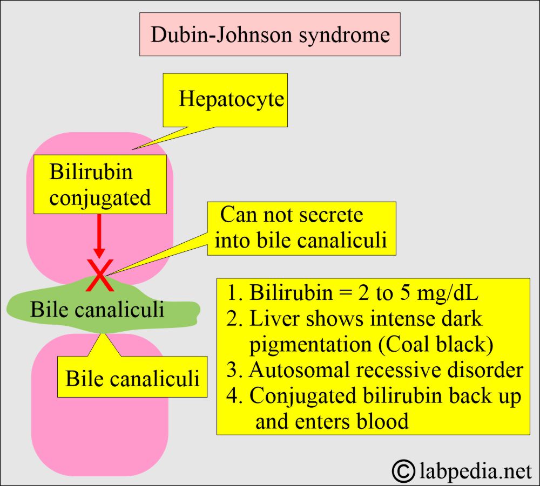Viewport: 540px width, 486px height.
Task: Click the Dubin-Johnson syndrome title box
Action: point(269,35)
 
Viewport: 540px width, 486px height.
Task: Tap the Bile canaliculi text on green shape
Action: point(97,310)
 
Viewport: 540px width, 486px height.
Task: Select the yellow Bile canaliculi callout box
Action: point(132,378)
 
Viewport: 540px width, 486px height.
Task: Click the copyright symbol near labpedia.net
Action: point(402,470)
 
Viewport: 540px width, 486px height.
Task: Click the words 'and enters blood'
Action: point(332,421)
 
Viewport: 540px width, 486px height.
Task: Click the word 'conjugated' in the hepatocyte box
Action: point(100,197)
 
